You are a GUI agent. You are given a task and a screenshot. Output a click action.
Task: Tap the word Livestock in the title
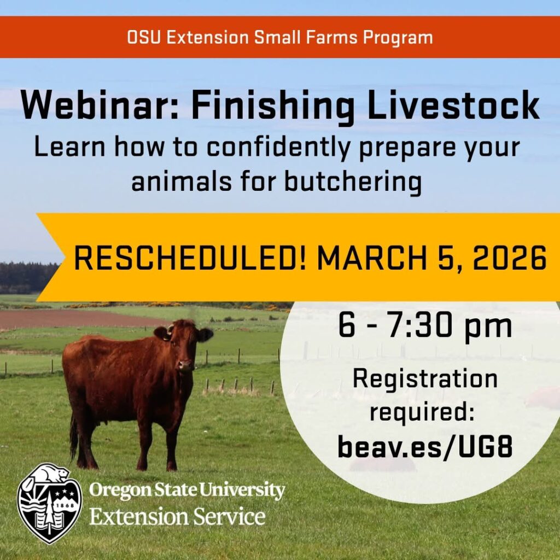click(453, 105)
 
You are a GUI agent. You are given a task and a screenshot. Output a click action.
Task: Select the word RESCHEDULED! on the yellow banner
click(190, 258)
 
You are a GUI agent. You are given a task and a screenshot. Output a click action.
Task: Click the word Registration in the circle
click(425, 378)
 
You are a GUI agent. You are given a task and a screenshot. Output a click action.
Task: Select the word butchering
click(353, 180)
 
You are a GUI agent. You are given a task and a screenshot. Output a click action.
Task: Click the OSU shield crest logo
click(49, 504)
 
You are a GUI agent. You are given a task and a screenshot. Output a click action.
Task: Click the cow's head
click(183, 345)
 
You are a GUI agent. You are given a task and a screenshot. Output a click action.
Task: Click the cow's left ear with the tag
click(162, 334)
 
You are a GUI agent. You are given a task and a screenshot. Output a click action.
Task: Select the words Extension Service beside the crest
click(177, 516)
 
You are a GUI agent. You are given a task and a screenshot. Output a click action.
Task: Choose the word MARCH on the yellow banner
click(371, 258)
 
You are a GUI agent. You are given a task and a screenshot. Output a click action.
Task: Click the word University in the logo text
click(241, 490)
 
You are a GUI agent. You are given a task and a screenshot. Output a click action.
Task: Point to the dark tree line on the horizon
click(28, 277)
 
